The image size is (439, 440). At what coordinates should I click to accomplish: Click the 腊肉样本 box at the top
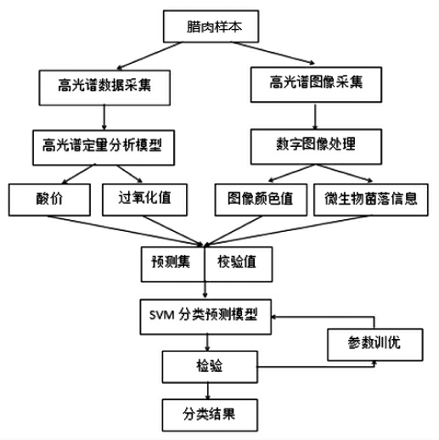pyautogui.click(x=211, y=26)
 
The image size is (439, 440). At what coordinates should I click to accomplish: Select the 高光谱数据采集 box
pyautogui.click(x=104, y=87)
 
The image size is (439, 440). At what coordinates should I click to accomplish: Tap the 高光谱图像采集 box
pyautogui.click(x=316, y=85)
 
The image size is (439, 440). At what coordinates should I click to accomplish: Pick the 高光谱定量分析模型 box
pyautogui.click(x=104, y=148)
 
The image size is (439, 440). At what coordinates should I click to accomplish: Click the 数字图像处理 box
pyautogui.click(x=316, y=147)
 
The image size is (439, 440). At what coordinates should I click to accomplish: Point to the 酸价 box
pyautogui.click(x=49, y=200)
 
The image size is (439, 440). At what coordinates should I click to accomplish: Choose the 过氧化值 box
pyautogui.click(x=144, y=200)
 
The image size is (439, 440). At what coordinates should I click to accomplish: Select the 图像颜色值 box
pyautogui.click(x=261, y=200)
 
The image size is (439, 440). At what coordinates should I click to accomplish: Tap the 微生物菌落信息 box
pyautogui.click(x=371, y=200)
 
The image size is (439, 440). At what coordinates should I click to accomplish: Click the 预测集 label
pyautogui.click(x=171, y=262)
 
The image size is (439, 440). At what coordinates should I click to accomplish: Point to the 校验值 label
pyautogui.click(x=237, y=262)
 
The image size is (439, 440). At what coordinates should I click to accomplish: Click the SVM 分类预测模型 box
pyautogui.click(x=205, y=317)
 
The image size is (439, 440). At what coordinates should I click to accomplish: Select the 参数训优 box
pyautogui.click(x=375, y=345)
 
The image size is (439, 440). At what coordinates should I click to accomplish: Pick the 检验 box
pyautogui.click(x=210, y=367)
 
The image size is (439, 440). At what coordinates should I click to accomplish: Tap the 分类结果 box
pyautogui.click(x=210, y=415)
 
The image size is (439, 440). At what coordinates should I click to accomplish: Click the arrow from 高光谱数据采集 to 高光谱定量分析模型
pyautogui.click(x=104, y=117)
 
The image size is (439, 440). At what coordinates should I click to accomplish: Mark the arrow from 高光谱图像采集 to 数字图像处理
pyautogui.click(x=315, y=116)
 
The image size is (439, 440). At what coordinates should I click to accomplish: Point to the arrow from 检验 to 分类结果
pyautogui.click(x=208, y=391)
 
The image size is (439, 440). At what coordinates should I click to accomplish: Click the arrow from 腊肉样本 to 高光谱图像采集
pyautogui.click(x=273, y=53)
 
